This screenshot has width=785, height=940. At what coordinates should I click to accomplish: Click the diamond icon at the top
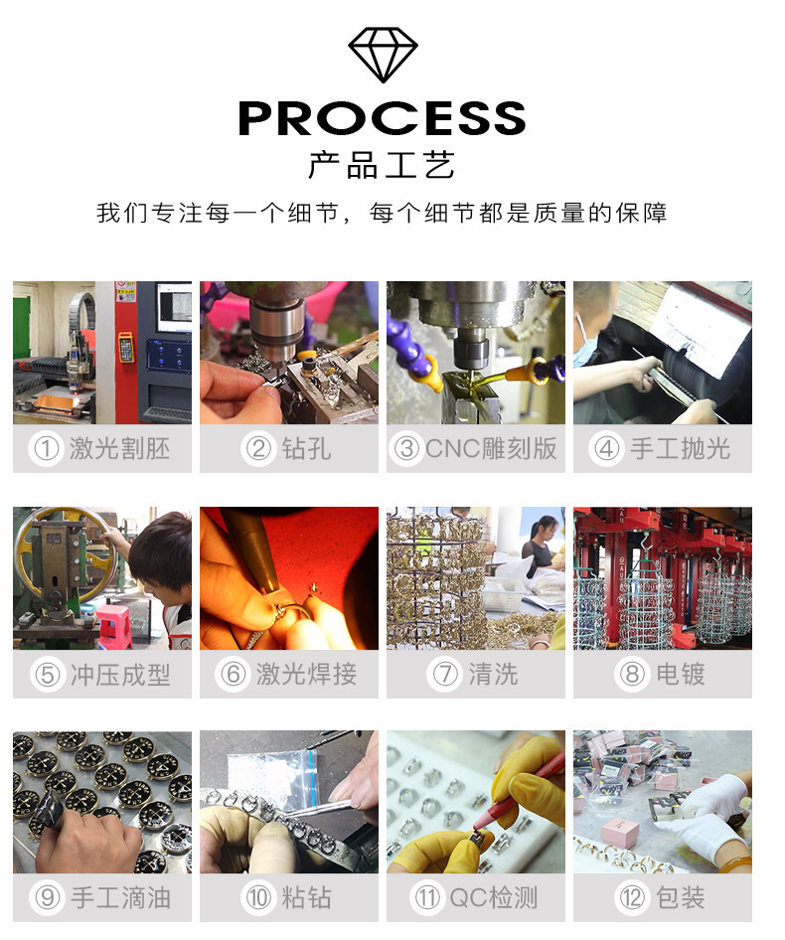[383, 55]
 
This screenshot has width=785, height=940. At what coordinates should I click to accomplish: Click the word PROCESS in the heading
[382, 118]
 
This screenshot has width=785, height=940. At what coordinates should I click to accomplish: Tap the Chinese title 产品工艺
[382, 165]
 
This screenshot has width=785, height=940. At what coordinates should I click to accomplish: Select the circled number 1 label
[46, 448]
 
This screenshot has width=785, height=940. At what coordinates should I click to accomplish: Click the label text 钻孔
[306, 448]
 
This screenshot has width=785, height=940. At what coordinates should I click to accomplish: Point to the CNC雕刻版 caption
[491, 448]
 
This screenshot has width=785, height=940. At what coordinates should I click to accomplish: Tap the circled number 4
[606, 448]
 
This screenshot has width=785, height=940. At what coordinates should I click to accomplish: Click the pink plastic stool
[113, 626]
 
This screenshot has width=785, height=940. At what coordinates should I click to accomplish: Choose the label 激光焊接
[306, 674]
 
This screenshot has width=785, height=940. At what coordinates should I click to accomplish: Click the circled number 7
[445, 674]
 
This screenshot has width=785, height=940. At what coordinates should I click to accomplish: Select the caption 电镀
[681, 674]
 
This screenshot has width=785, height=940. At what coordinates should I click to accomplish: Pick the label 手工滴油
[120, 898]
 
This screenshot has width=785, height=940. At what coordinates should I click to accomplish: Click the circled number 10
[258, 898]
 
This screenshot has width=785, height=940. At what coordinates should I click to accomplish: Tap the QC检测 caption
[494, 898]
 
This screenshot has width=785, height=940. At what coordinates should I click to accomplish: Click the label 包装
[681, 898]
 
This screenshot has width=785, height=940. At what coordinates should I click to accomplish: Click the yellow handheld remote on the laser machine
[126, 348]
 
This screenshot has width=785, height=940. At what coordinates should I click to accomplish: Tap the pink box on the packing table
[619, 831]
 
